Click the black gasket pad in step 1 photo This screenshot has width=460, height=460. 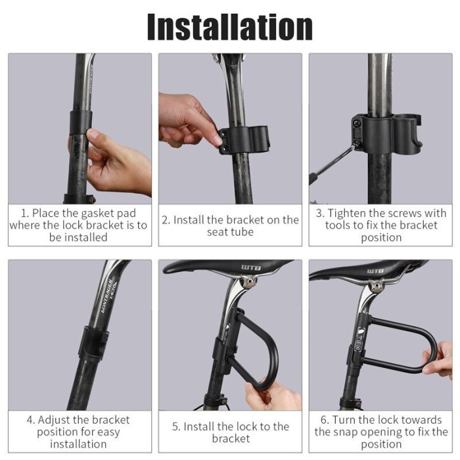click(81, 122)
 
